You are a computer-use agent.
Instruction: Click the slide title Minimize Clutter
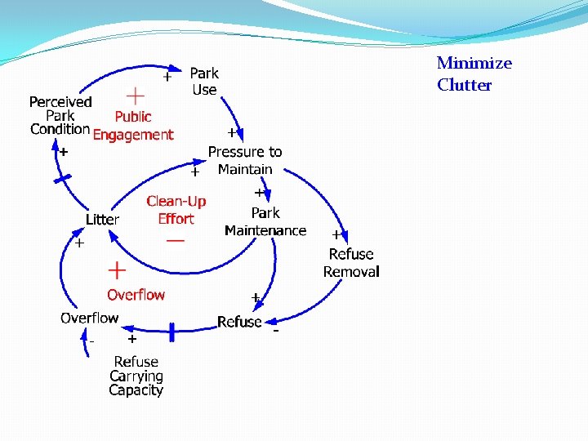(x=474, y=73)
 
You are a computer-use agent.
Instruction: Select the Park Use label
(x=204, y=82)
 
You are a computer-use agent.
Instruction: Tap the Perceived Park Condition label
(x=60, y=115)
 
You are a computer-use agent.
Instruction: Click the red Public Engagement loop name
(x=133, y=126)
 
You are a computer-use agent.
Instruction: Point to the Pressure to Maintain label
(x=245, y=160)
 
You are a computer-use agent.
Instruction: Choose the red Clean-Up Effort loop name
(x=176, y=210)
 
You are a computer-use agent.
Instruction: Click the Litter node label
(x=102, y=220)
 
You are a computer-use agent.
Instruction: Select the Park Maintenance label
(x=265, y=221)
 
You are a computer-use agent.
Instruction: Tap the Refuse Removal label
(x=351, y=263)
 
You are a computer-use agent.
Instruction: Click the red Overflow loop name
(x=136, y=295)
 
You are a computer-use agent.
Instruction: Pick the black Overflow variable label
(x=89, y=318)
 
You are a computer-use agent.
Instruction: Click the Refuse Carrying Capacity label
(x=136, y=376)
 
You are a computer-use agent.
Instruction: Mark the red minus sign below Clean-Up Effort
(x=175, y=241)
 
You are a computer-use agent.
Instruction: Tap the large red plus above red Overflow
(x=117, y=269)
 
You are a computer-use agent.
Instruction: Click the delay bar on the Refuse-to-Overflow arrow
(x=171, y=332)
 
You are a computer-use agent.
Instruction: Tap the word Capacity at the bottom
(x=136, y=390)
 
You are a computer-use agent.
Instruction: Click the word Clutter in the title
(x=464, y=85)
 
